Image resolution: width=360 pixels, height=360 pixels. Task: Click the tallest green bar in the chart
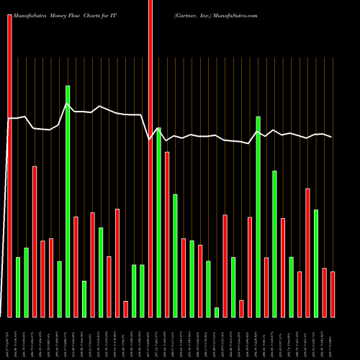tap(68, 202)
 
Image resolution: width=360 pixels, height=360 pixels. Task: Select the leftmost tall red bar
tap(10, 166)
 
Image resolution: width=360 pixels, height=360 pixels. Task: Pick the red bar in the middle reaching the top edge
tap(150, 158)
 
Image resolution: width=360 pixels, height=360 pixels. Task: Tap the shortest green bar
tap(217, 312)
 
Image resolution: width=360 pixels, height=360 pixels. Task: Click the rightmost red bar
tap(333, 294)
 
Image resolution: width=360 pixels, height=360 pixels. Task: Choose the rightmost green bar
tap(316, 263)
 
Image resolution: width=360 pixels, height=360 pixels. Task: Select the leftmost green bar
tap(18, 287)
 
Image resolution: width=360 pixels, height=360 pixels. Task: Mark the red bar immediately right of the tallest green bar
tap(76, 266)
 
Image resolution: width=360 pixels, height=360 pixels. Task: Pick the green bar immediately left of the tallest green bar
tap(60, 289)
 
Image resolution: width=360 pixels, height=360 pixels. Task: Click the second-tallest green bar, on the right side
tap(258, 216)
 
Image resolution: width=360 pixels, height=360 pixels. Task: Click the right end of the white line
tap(332, 137)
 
